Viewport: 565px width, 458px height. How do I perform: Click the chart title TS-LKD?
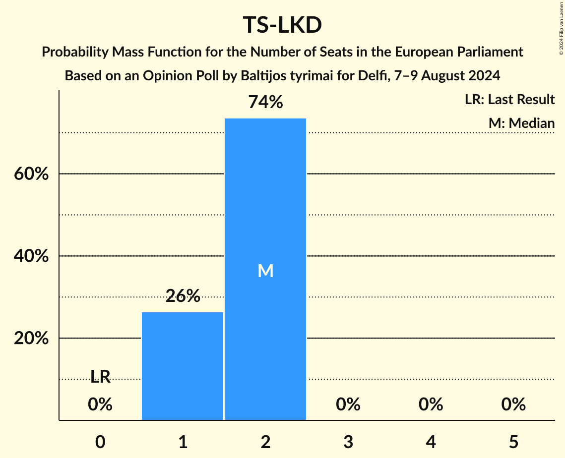tap(282, 25)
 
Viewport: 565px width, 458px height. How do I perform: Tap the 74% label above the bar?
tap(265, 102)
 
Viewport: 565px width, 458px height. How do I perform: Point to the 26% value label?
tap(183, 296)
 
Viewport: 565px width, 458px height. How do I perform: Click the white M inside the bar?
tap(265, 271)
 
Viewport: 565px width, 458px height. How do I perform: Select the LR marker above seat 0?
tap(100, 377)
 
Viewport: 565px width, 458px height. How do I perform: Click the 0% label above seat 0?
tap(100, 404)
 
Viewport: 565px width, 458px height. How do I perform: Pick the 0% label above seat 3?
tap(348, 404)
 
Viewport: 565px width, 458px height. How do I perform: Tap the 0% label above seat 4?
tap(431, 404)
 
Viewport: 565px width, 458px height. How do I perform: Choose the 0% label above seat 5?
tap(513, 404)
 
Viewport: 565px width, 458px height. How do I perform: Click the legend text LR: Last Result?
tap(509, 100)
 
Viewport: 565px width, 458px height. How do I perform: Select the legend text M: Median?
tap(521, 123)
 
